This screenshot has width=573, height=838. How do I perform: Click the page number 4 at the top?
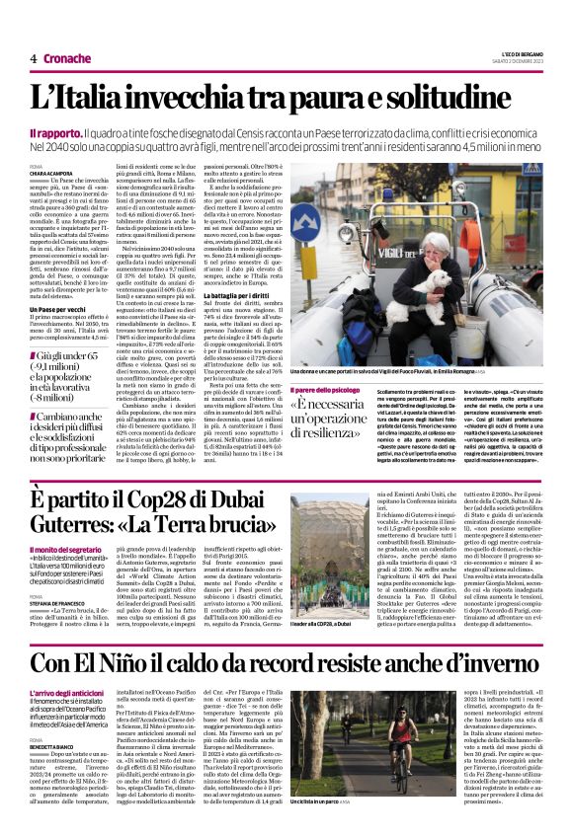pos(33,58)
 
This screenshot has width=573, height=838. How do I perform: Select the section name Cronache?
pos(67,58)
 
